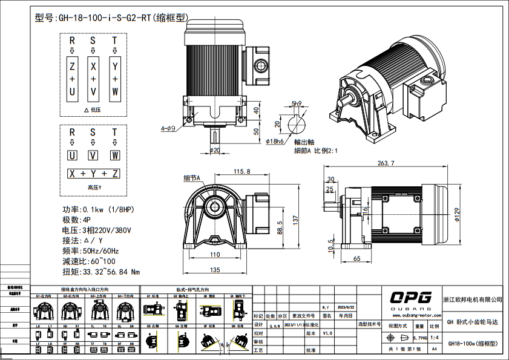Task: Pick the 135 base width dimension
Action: [x=215, y=270]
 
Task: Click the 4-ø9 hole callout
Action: [x=168, y=129]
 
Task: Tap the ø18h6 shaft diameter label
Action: [x=275, y=141]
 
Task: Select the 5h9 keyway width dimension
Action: [x=296, y=103]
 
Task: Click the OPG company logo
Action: [x=410, y=297]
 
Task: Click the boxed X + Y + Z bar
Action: [x=93, y=174]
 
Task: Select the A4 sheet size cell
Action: [x=435, y=349]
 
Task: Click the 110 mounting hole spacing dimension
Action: [x=215, y=255]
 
